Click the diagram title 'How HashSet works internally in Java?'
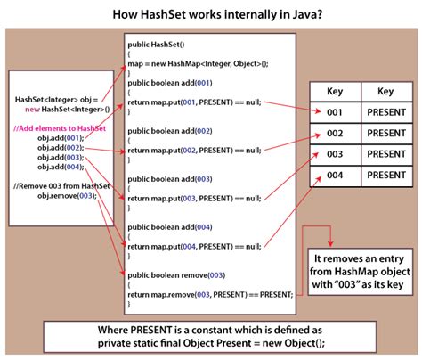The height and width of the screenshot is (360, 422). tap(217, 14)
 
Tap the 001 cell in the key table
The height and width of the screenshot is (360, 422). tap(335, 112)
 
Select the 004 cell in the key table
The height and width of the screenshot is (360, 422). tap(335, 176)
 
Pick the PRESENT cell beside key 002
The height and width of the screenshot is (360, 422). tap(386, 133)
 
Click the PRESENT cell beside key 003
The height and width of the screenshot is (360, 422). tap(386, 154)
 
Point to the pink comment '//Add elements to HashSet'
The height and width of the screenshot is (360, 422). tap(60, 128)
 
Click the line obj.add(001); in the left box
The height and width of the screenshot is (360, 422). tap(61, 138)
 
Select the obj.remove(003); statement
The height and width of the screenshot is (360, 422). tap(67, 196)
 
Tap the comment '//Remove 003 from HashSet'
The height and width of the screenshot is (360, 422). tap(61, 186)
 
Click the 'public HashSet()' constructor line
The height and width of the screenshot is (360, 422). tap(156, 45)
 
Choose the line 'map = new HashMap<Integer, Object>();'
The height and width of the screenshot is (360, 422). tap(198, 64)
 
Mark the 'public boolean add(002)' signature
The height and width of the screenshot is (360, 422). tap(170, 131)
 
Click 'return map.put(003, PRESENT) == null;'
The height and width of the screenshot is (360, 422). tap(194, 199)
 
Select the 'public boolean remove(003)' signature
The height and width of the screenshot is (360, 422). tap(176, 275)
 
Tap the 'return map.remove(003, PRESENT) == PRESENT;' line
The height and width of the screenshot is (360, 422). tap(210, 295)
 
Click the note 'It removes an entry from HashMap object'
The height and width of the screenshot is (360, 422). tap(360, 266)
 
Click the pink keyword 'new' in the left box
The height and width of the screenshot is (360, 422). tap(32, 110)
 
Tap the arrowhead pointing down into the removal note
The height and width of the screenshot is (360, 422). tap(330, 244)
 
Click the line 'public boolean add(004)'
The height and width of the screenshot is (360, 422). tap(170, 227)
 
